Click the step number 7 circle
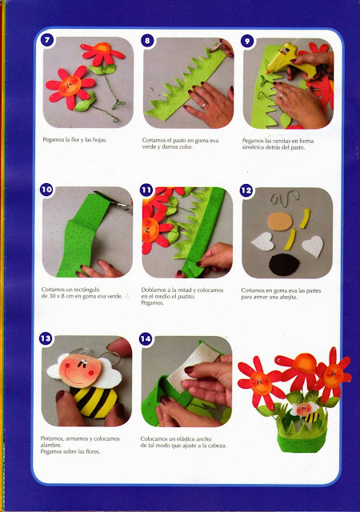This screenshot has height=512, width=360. [x=47, y=40]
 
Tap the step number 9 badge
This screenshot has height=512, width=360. [x=247, y=41]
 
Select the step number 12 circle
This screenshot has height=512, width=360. [x=246, y=190]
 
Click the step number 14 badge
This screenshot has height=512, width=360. [x=146, y=338]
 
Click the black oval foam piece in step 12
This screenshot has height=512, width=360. [x=284, y=265]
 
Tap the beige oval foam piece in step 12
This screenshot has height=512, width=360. [x=280, y=222]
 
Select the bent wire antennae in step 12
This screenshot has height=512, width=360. [x=284, y=198]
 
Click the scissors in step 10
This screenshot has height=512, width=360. [x=114, y=200]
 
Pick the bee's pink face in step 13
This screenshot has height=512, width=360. [x=80, y=370]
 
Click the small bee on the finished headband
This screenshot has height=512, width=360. [x=308, y=412]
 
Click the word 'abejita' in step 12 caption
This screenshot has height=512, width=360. [x=287, y=297]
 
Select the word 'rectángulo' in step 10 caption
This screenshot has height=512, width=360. [x=86, y=290]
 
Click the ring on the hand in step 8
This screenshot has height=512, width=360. [x=204, y=105]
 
